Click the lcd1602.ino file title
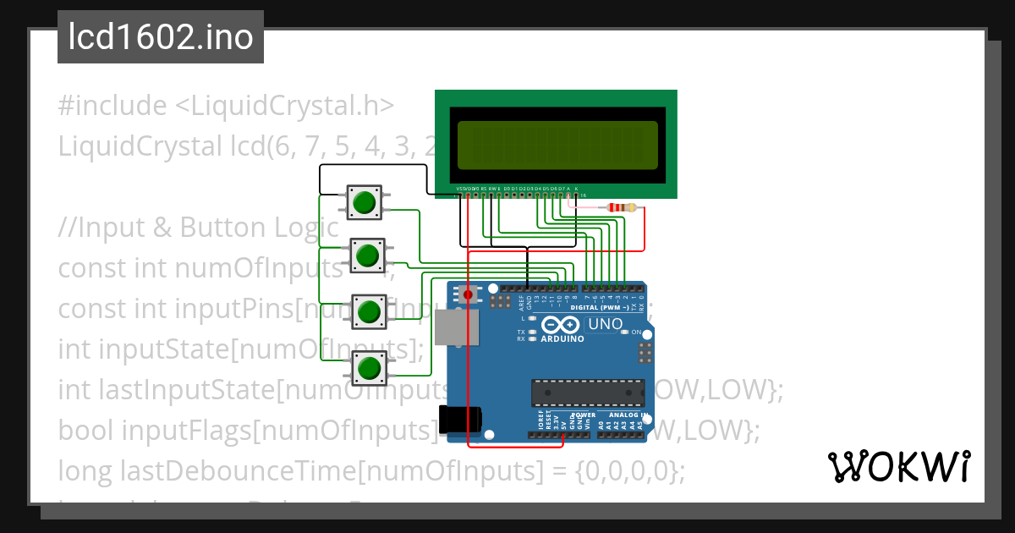tap(161, 37)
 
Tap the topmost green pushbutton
tap(365, 202)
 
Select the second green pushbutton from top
tap(368, 255)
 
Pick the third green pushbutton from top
tap(368, 311)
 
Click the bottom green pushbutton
tap(369, 368)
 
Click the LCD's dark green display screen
tap(557, 145)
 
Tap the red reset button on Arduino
tap(468, 294)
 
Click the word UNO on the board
tap(605, 324)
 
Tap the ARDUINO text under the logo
tap(562, 339)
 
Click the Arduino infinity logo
tap(562, 325)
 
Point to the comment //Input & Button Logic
tap(199, 228)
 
